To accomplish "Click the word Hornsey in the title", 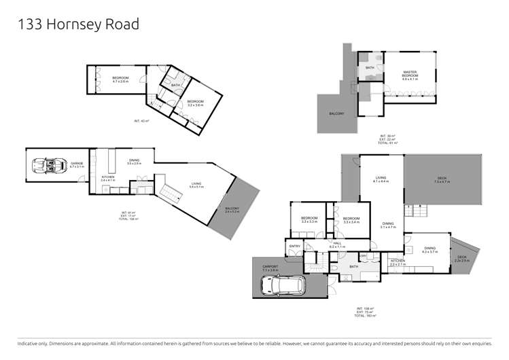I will [x=75, y=25].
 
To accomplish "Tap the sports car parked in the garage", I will [x=44, y=165].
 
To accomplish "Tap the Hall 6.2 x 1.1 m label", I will [x=338, y=245].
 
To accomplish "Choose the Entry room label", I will [x=295, y=245].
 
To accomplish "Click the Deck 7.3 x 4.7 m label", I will [x=442, y=181].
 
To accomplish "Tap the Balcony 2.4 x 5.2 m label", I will [x=232, y=210].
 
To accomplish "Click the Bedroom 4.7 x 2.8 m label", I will [x=120, y=79].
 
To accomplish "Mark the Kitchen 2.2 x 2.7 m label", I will [x=398, y=262].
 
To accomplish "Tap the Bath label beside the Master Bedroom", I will [x=370, y=68].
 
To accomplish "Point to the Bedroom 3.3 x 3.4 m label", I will [x=351, y=220].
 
